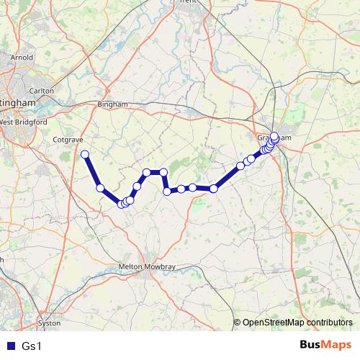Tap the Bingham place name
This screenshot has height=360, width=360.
[x=111, y=104]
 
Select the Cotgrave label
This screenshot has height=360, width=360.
[x=68, y=140]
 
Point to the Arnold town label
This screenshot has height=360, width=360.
[x=22, y=57]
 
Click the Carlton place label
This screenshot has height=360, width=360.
[x=42, y=91]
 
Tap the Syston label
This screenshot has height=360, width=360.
[x=49, y=323]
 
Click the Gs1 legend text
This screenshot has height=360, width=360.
[x=32, y=346]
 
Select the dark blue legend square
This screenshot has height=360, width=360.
[x=10, y=346]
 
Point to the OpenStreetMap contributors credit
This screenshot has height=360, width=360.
[x=297, y=323]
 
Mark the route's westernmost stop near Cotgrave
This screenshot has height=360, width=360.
[x=85, y=154]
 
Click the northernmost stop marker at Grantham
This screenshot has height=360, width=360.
[x=274, y=135]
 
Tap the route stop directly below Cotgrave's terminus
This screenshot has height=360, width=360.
[x=101, y=189]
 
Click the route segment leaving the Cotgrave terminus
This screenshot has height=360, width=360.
[x=92, y=171]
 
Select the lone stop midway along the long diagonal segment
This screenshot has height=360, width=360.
[x=137, y=186]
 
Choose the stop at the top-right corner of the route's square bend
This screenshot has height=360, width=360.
[x=164, y=172]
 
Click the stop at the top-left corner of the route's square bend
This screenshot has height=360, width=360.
[x=147, y=172]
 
